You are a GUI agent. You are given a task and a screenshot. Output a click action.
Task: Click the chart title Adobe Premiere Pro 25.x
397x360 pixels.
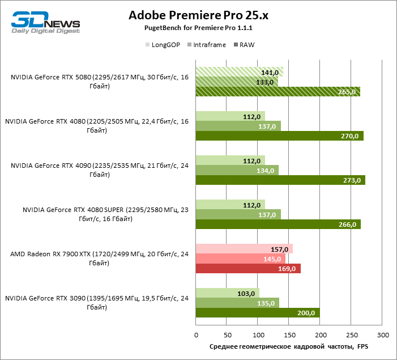tap(198, 15)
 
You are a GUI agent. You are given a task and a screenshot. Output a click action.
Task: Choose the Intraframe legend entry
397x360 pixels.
tap(207, 45)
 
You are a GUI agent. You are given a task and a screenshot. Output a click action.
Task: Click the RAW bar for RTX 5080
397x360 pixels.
tap(278, 92)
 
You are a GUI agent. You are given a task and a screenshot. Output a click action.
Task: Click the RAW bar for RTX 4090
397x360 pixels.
tap(280, 180)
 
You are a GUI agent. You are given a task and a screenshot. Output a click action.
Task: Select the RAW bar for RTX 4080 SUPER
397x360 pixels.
tap(278, 225)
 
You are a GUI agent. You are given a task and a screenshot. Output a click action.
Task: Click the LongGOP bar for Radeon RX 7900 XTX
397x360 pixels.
tap(244, 249)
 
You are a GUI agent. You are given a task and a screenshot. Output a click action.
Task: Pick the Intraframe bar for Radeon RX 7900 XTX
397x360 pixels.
tap(241, 259)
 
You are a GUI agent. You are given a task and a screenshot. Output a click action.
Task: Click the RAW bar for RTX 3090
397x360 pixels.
tap(258, 313)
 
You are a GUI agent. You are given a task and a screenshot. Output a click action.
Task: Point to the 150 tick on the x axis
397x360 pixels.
tap(289, 334)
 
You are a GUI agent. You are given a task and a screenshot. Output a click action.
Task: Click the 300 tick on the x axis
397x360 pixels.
tap(383, 334)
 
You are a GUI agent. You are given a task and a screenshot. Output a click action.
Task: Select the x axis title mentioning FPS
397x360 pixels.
tap(289, 346)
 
